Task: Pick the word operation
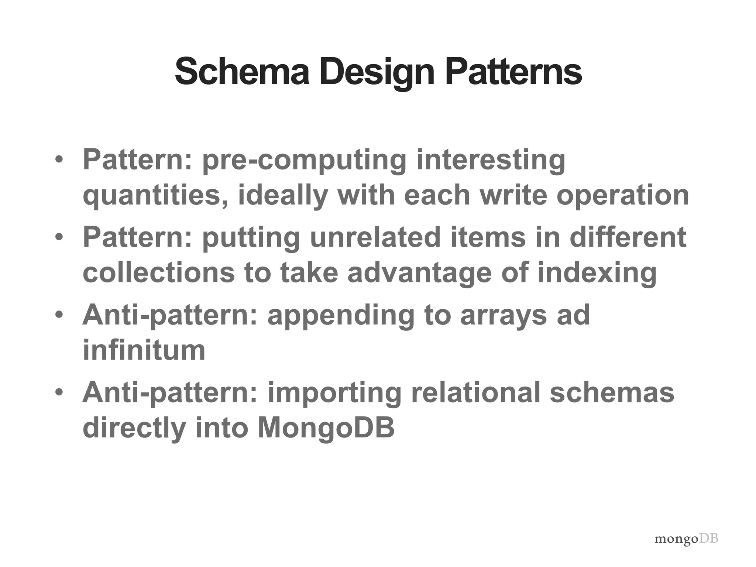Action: pos(623,196)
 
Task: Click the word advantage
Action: pos(420,273)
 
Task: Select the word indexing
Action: pos(597,273)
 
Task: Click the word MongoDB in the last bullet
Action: pos(326,428)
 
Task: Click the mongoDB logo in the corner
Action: pos(686,539)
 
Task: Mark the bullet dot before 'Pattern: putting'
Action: pos(59,237)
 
